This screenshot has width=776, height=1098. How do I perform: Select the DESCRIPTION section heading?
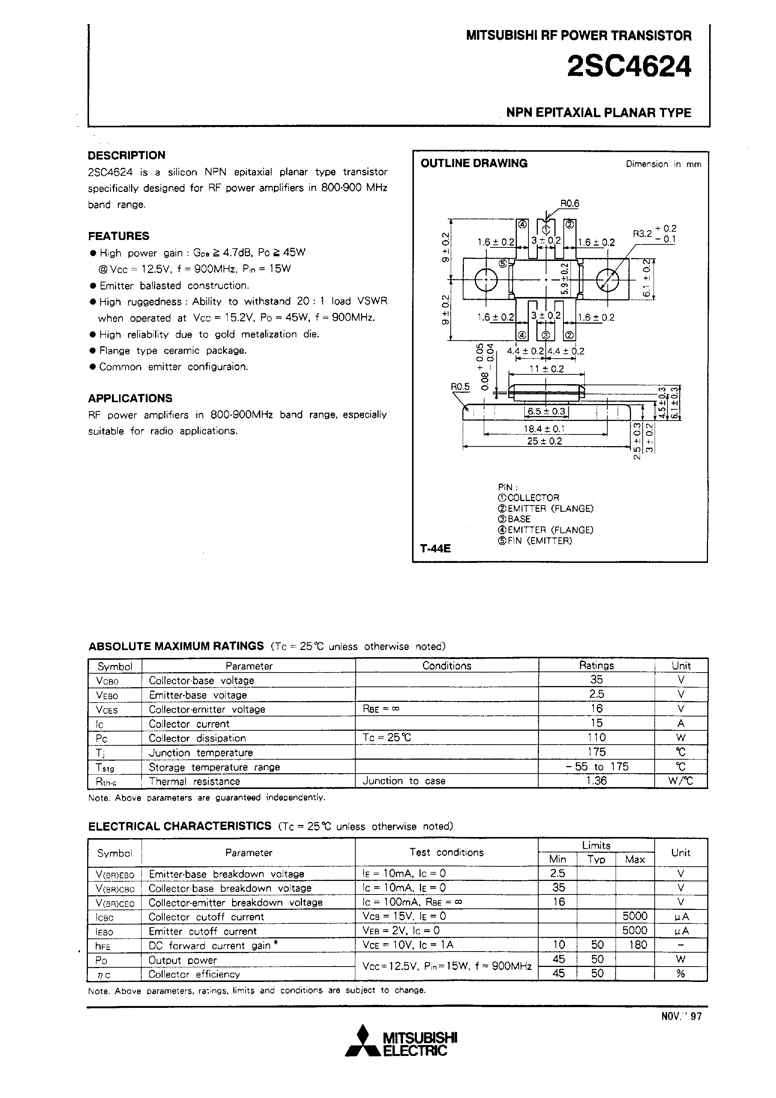coord(126,155)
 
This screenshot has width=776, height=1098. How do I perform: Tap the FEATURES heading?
coord(118,236)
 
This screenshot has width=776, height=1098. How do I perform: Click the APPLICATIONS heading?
coord(130,398)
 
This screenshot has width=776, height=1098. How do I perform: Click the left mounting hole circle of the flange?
coord(486,280)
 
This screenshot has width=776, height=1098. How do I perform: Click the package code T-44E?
coord(435,549)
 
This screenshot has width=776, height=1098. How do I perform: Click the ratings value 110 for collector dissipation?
coord(596,738)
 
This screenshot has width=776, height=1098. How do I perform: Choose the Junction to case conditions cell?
coord(404,781)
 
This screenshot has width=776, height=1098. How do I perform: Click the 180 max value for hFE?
coord(635,944)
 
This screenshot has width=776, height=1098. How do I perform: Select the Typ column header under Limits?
coord(596,860)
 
